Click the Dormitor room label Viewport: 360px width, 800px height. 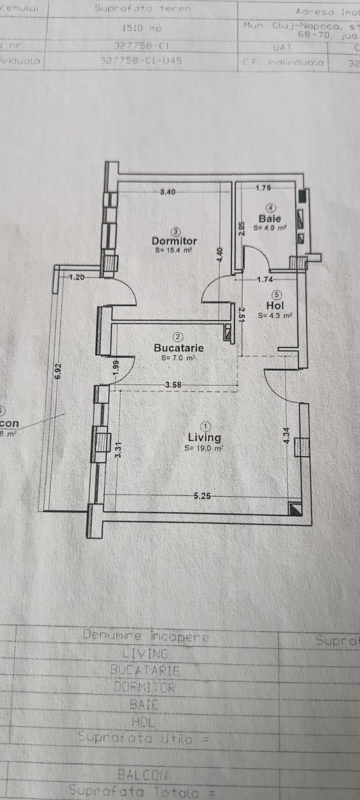tap(174, 240)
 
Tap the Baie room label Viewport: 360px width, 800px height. tap(269, 218)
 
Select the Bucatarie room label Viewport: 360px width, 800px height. tap(178, 347)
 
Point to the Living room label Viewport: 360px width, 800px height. tap(204, 437)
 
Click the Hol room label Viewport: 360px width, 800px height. tap(275, 305)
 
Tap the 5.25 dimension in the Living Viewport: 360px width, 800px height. tap(202, 496)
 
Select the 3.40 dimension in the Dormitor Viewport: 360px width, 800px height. tap(167, 191)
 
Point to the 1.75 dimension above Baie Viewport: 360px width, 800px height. tap(262, 188)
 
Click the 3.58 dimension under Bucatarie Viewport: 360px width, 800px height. tap(173, 384)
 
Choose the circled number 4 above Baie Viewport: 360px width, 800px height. tap(270, 207)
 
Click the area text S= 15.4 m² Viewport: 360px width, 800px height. tap(173, 250)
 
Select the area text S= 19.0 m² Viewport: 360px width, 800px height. tap(203, 448)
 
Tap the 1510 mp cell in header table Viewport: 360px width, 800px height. tap(142, 28)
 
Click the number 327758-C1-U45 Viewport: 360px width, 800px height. tap(141, 61)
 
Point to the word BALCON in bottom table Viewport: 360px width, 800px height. tap(142, 775)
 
